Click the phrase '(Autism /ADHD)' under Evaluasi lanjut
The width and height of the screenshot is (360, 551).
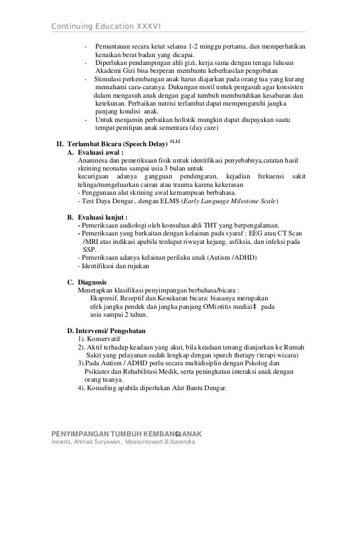[233, 258]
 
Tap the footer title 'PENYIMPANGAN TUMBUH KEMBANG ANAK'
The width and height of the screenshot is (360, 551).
[127, 433]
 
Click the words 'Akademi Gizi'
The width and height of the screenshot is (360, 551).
[113, 71]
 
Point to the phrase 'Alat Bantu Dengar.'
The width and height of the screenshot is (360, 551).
[199, 388]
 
